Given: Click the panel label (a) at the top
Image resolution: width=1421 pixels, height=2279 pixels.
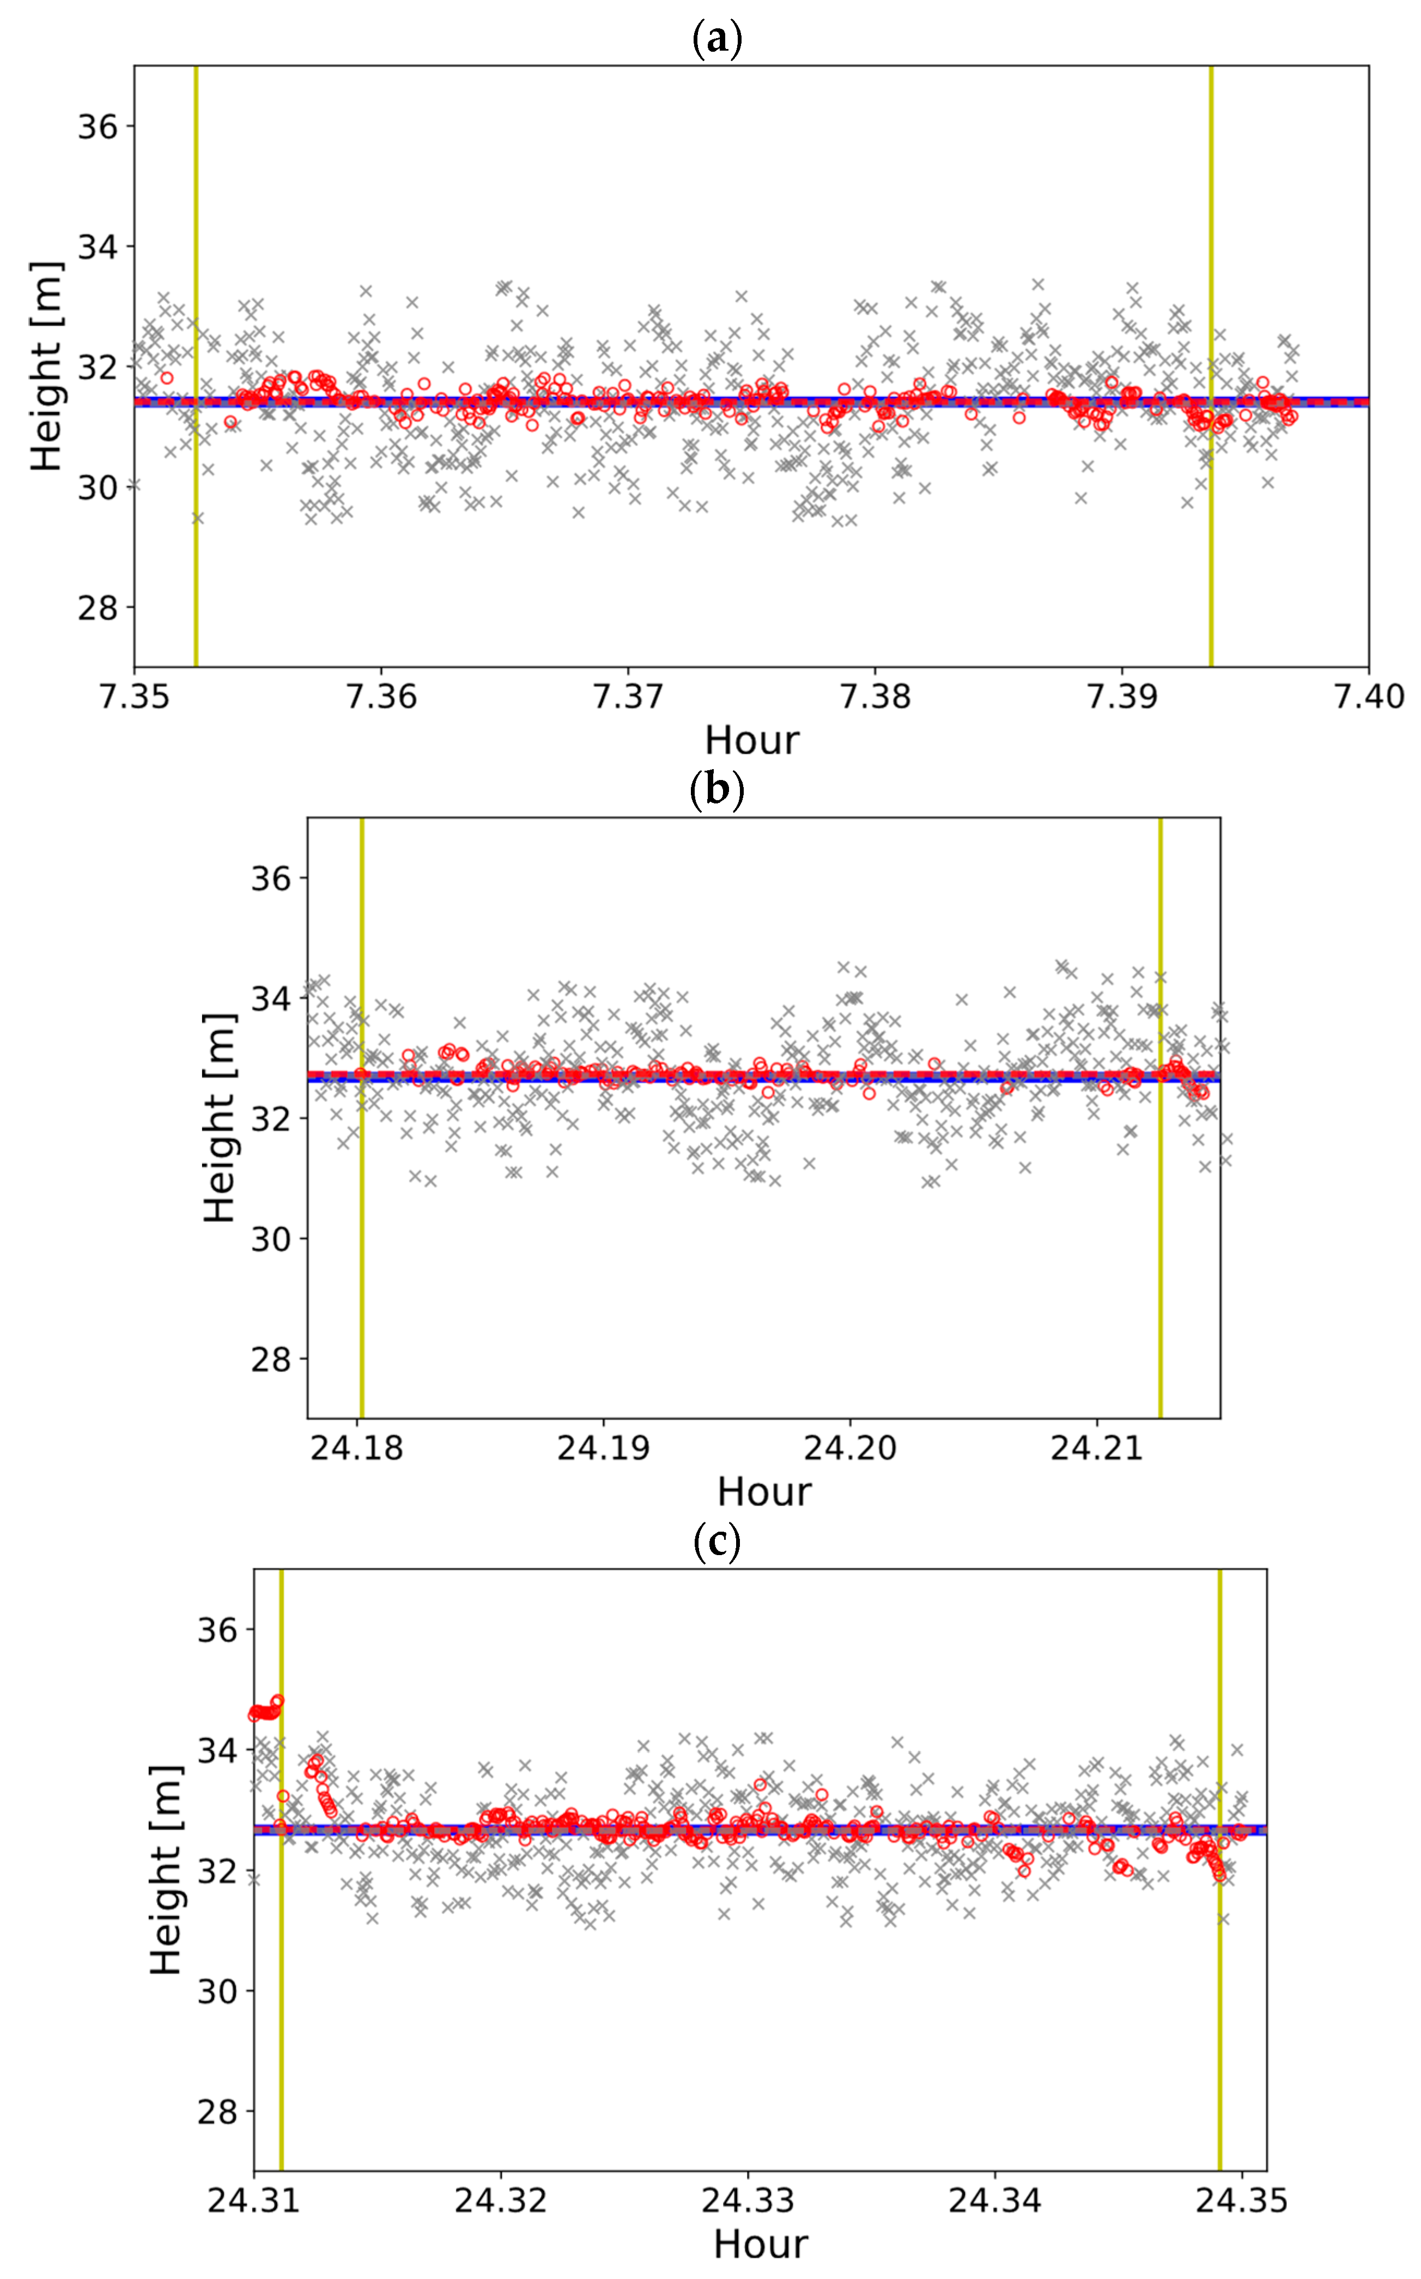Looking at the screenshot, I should tap(716, 39).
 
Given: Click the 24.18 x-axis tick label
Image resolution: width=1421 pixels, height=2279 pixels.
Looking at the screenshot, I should tap(357, 1448).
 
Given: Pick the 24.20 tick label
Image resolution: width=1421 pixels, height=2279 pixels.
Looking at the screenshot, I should tap(849, 1448).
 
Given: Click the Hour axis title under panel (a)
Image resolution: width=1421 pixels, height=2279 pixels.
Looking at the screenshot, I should tap(752, 740).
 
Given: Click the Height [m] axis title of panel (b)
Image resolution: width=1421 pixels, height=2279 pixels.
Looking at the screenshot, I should tap(219, 1118).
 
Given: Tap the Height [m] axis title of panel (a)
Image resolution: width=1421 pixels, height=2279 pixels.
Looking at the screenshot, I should tap(46, 367).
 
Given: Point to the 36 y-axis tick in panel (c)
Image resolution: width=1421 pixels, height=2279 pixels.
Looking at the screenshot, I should tap(217, 1630).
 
